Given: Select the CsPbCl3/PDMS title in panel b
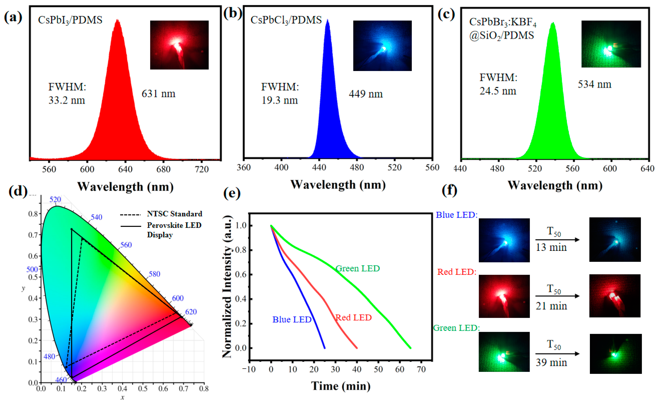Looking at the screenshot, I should [x=286, y=20].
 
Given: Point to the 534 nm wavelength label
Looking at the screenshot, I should [x=594, y=84].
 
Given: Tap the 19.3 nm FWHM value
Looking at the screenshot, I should [x=279, y=100].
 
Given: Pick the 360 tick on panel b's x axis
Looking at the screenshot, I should [x=243, y=168].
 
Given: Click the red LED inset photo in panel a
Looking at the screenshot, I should [x=179, y=45].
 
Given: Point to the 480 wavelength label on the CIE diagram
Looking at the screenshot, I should [x=49, y=357].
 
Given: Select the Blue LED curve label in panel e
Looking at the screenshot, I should [x=292, y=320].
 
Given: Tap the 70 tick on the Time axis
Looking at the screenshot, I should [x=421, y=370].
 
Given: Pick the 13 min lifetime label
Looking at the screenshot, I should [x=551, y=247].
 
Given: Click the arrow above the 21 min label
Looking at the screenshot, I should [x=557, y=296].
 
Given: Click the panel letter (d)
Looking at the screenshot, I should [x=18, y=191].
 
